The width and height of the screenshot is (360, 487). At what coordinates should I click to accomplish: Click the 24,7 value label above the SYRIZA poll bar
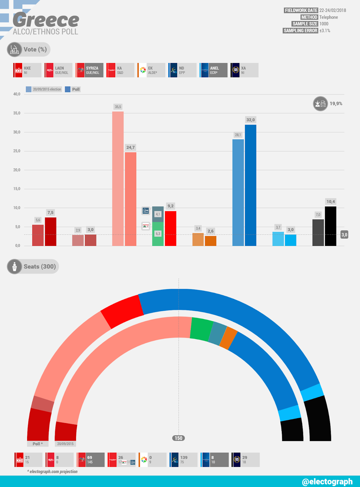click(131, 147)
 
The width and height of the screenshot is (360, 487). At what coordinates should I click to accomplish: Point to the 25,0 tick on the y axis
click(17, 151)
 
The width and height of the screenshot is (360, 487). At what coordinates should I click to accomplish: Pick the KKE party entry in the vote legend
click(27, 70)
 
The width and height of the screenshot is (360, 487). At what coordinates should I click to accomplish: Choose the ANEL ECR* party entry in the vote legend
click(214, 70)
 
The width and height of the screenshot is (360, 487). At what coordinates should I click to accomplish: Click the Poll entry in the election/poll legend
click(73, 89)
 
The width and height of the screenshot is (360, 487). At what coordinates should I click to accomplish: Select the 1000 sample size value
click(324, 24)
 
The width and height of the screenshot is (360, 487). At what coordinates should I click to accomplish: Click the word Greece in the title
click(46, 20)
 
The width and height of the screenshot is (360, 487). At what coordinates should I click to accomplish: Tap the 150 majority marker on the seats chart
click(178, 438)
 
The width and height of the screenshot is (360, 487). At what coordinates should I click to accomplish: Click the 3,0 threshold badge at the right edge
click(344, 235)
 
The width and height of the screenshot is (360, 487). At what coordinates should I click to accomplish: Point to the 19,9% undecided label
click(336, 103)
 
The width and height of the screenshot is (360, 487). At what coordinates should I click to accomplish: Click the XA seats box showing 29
click(245, 460)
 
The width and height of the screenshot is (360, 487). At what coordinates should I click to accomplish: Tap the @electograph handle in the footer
click(327, 482)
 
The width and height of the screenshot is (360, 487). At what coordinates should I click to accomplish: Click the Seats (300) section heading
click(40, 267)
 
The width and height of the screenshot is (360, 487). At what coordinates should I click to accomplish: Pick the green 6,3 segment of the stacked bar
click(158, 234)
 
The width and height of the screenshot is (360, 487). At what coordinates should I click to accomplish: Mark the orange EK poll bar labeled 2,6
click(211, 241)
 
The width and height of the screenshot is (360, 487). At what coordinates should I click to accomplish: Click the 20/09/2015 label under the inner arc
click(65, 444)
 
